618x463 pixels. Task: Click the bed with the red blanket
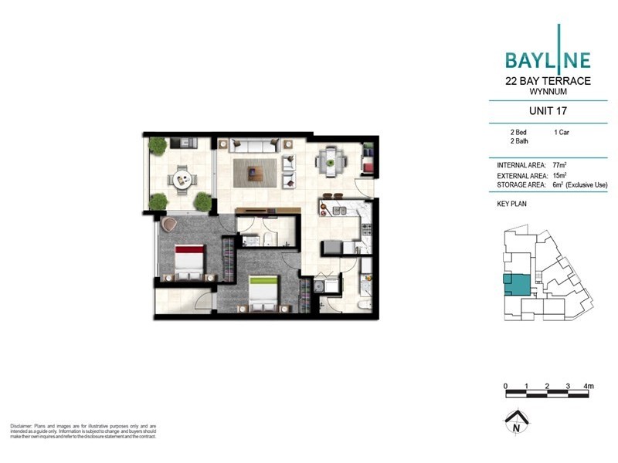(187, 261)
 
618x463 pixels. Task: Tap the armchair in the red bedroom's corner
(170, 225)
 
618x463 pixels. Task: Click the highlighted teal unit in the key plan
(514, 284)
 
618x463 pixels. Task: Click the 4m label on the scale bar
(589, 385)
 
